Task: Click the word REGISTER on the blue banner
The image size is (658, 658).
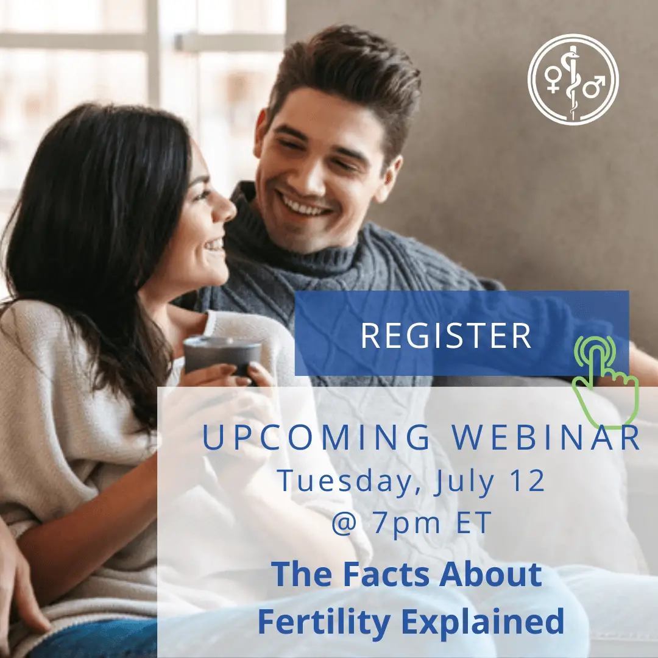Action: (x=446, y=336)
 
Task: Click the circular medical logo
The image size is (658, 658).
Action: (x=573, y=80)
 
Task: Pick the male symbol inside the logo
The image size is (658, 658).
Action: (x=592, y=86)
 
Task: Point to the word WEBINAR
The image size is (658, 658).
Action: (x=548, y=437)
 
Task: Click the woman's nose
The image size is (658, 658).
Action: (x=227, y=209)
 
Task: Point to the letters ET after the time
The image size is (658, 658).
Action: (x=476, y=525)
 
